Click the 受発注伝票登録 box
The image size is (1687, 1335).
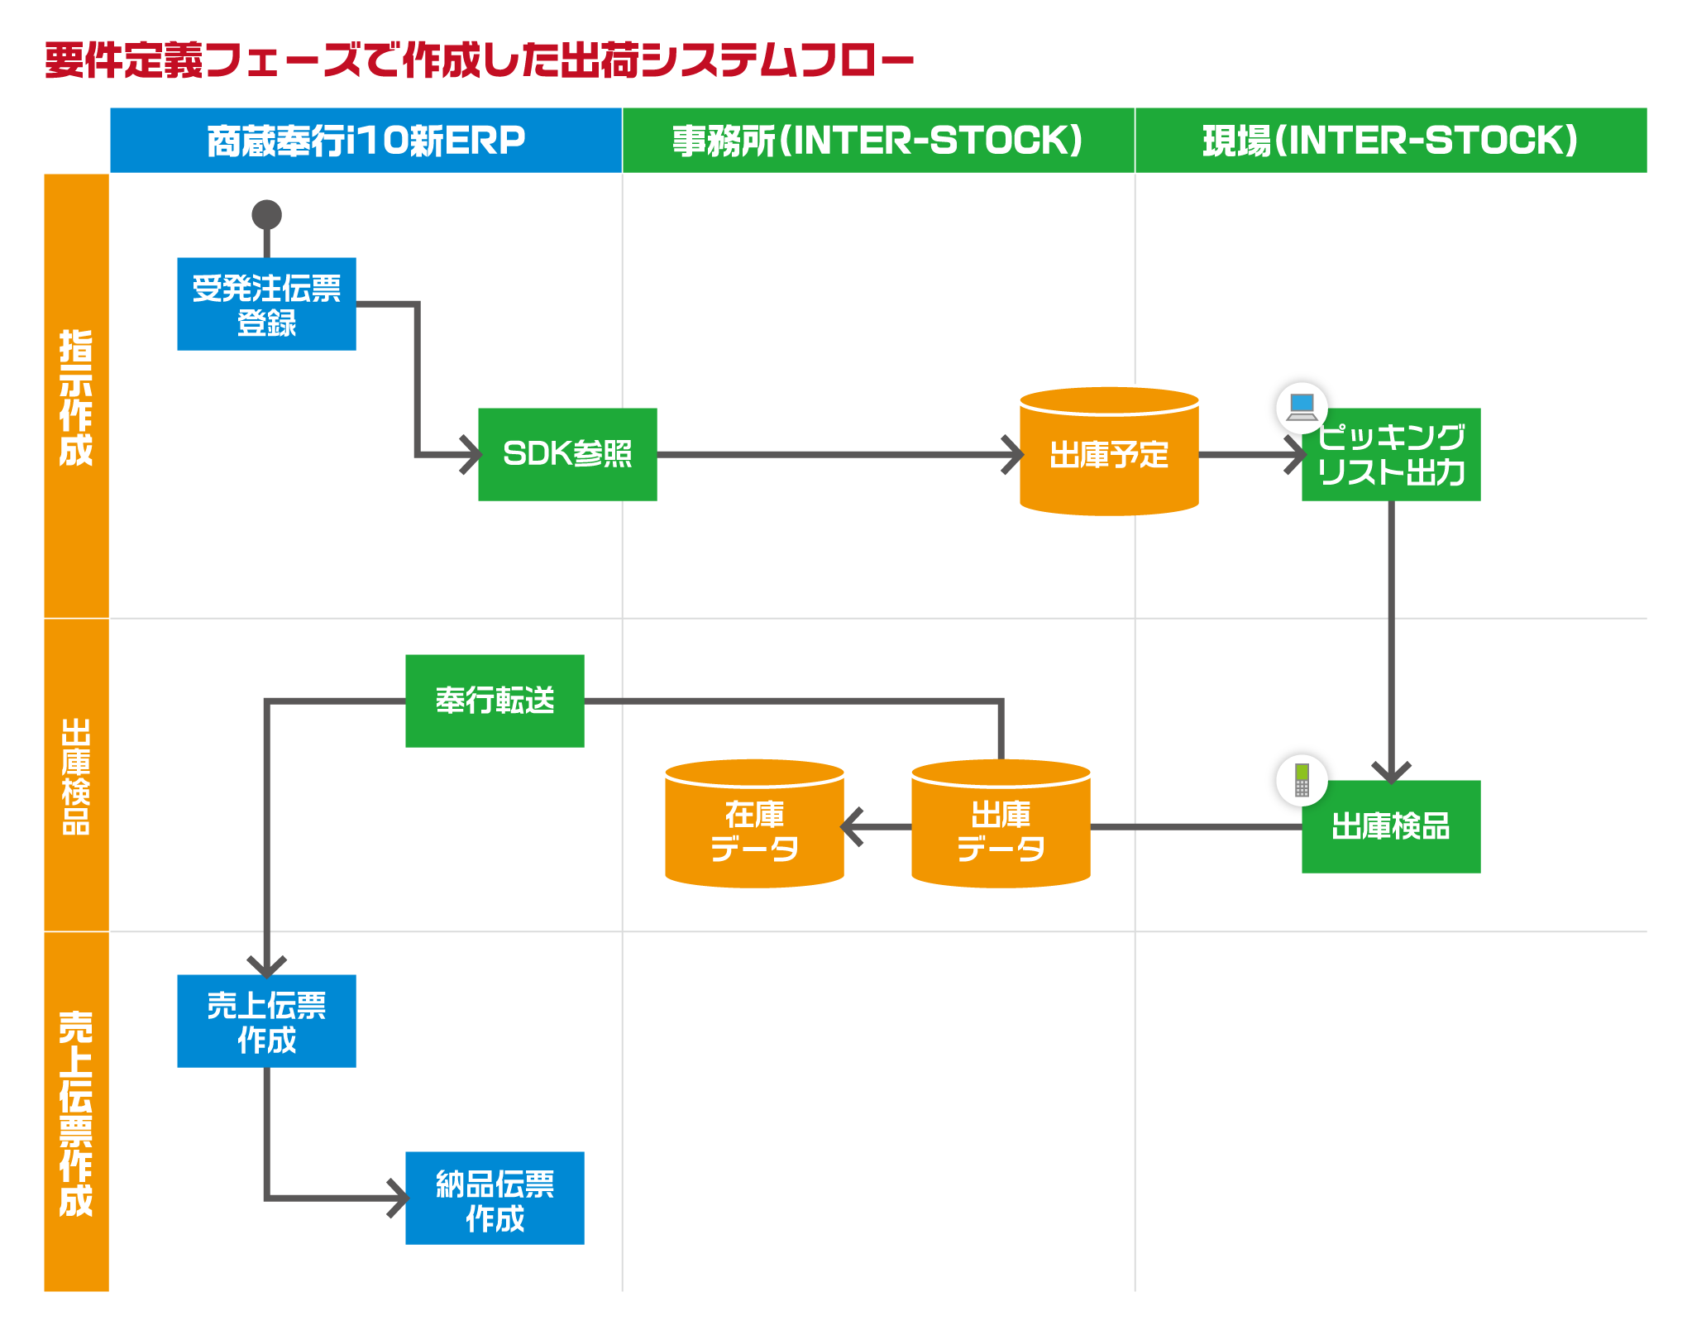[266, 304]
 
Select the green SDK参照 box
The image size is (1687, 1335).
[567, 454]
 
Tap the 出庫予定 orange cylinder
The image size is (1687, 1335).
[1109, 455]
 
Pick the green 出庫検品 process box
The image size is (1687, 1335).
[1391, 826]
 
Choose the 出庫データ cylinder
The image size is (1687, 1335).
[1001, 827]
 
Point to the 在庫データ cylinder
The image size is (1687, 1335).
[754, 827]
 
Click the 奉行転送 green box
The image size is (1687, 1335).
[495, 701]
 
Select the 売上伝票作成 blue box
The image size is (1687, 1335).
[266, 1021]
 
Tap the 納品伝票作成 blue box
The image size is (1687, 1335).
[495, 1198]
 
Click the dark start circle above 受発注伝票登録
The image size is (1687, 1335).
[266, 215]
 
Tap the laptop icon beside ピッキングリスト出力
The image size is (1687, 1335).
[1302, 407]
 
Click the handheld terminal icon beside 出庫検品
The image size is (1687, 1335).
[1302, 780]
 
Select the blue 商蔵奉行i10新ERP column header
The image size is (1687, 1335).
[366, 140]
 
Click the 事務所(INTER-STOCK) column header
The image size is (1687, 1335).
[877, 140]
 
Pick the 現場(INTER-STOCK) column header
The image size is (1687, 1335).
[1390, 140]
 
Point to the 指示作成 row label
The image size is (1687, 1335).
[76, 396]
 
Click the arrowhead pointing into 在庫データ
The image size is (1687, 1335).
[852, 827]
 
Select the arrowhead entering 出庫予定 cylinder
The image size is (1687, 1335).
[1012, 455]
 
